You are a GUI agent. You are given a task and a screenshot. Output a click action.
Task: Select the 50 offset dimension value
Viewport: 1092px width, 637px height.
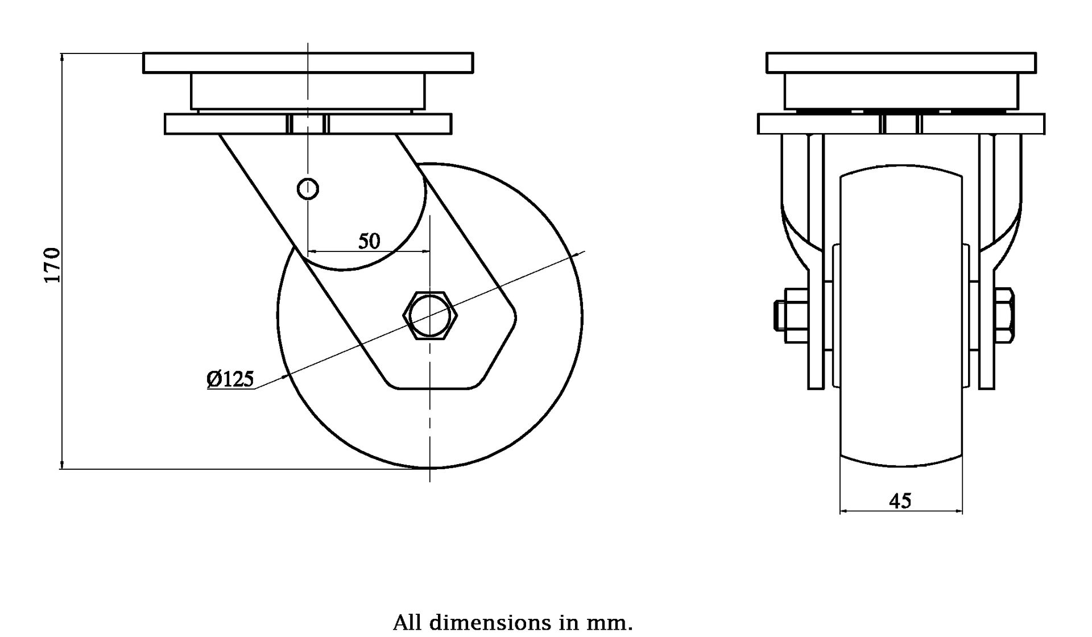point(369,241)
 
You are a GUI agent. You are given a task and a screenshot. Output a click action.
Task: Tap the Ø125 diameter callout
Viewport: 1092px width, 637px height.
point(230,379)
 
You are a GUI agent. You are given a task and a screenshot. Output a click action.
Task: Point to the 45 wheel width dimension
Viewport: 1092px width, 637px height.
point(900,500)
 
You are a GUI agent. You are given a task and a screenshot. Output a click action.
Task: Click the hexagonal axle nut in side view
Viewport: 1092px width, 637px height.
point(430,316)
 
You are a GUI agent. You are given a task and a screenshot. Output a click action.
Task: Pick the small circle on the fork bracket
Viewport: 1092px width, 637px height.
point(308,188)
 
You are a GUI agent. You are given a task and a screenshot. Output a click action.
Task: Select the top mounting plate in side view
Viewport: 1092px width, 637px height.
point(308,63)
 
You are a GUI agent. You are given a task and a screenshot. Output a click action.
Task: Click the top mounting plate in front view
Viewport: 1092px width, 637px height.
point(901,63)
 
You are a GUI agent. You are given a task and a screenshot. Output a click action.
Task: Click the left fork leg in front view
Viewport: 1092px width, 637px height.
point(816,318)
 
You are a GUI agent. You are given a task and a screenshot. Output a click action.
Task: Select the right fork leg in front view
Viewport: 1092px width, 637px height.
point(987,318)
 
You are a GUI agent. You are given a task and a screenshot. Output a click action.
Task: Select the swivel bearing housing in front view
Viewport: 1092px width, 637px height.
point(901,91)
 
